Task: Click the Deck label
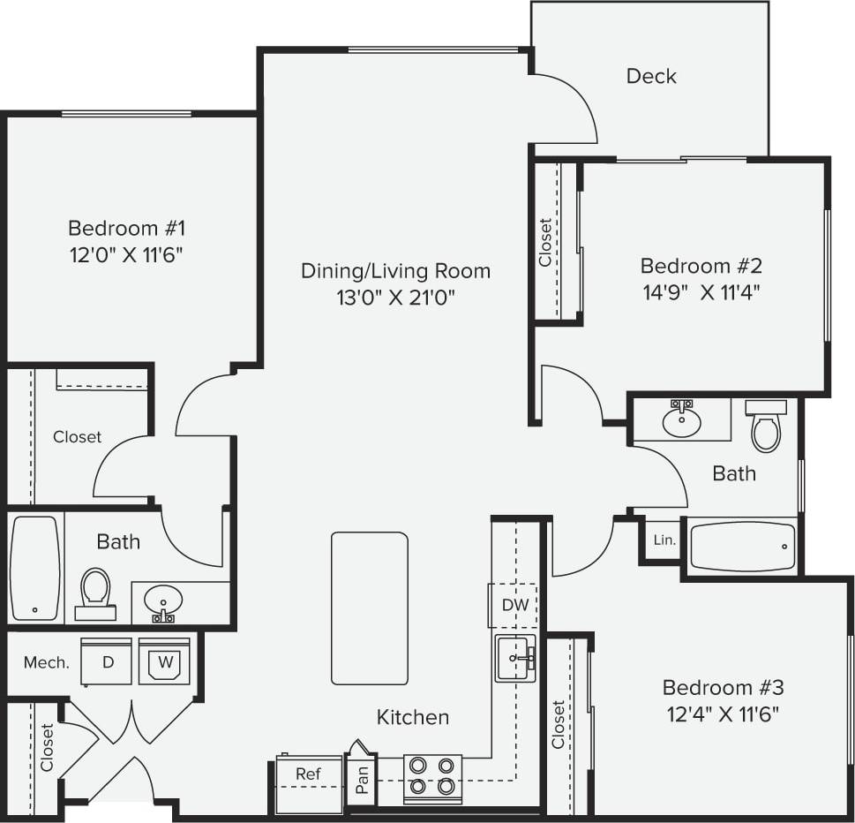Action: pos(651,76)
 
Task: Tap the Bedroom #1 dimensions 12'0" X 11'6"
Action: pos(127,255)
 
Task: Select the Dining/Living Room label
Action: pos(395,270)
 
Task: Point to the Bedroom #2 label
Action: pos(701,266)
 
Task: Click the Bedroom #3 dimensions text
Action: pos(723,714)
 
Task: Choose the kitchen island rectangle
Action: pos(370,608)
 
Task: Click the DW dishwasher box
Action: pos(514,606)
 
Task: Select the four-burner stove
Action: pos(432,776)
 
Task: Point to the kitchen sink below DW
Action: pos(515,658)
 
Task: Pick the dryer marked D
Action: pos(107,662)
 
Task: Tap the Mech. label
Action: pos(47,662)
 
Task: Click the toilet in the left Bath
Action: pos(94,592)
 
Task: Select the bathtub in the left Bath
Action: pos(35,568)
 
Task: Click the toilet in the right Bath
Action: pos(765,427)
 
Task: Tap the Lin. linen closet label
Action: pos(664,540)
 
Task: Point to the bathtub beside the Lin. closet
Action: pos(741,547)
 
